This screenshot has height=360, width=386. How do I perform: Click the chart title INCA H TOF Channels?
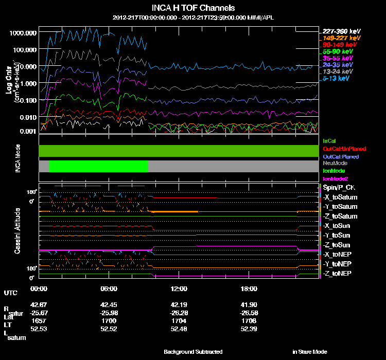[194, 8]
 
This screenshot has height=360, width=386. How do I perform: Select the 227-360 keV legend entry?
[338, 31]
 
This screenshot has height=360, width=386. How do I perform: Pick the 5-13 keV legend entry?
[338, 79]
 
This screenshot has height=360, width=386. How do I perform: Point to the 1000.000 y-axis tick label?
[23, 32]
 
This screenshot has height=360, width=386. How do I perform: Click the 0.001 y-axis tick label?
[26, 132]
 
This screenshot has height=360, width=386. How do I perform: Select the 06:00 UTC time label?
[109, 288]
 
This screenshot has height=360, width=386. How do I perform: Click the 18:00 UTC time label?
[249, 288]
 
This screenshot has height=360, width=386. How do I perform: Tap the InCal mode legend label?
[329, 140]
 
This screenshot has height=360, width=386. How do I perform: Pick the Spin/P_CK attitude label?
[339, 188]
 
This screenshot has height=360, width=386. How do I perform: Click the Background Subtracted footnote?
[193, 352]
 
